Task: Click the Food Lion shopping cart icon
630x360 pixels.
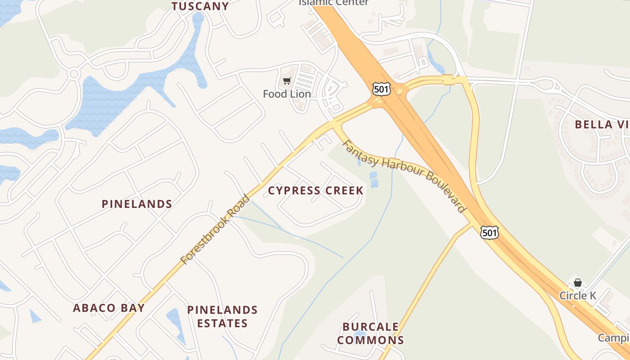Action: [287, 81]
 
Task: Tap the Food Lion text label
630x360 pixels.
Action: [287, 94]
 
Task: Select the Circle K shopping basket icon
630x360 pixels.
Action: [578, 283]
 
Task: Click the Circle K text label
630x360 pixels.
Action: [578, 296]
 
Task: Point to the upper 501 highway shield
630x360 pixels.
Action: [381, 89]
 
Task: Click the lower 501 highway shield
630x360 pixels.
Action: [489, 232]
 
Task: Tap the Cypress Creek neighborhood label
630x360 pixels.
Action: [315, 190]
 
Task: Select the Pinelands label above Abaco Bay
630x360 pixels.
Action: [137, 204]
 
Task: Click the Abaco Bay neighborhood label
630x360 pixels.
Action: [109, 308]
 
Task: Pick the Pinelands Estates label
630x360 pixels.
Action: [222, 316]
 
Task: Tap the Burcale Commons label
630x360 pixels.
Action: [370, 333]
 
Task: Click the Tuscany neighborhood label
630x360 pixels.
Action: [200, 6]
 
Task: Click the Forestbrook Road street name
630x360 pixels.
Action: [215, 229]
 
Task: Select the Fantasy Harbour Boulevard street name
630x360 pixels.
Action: [403, 176]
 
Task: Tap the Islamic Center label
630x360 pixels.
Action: [333, 3]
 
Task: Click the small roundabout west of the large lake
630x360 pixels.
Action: [74, 73]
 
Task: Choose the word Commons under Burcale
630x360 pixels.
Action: [370, 340]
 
